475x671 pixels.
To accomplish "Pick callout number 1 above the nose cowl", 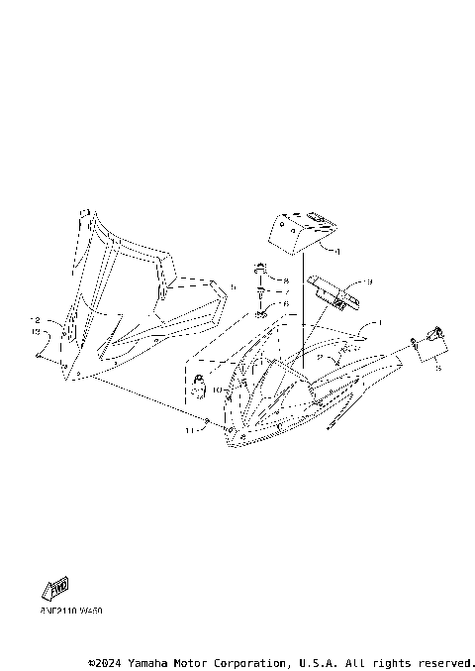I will pos(377,324).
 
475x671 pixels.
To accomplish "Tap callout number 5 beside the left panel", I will pos(234,286).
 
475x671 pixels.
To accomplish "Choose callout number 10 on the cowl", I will pos(218,390).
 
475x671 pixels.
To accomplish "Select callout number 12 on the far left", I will pos(35,320).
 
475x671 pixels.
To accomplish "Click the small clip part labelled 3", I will pos(431,342).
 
